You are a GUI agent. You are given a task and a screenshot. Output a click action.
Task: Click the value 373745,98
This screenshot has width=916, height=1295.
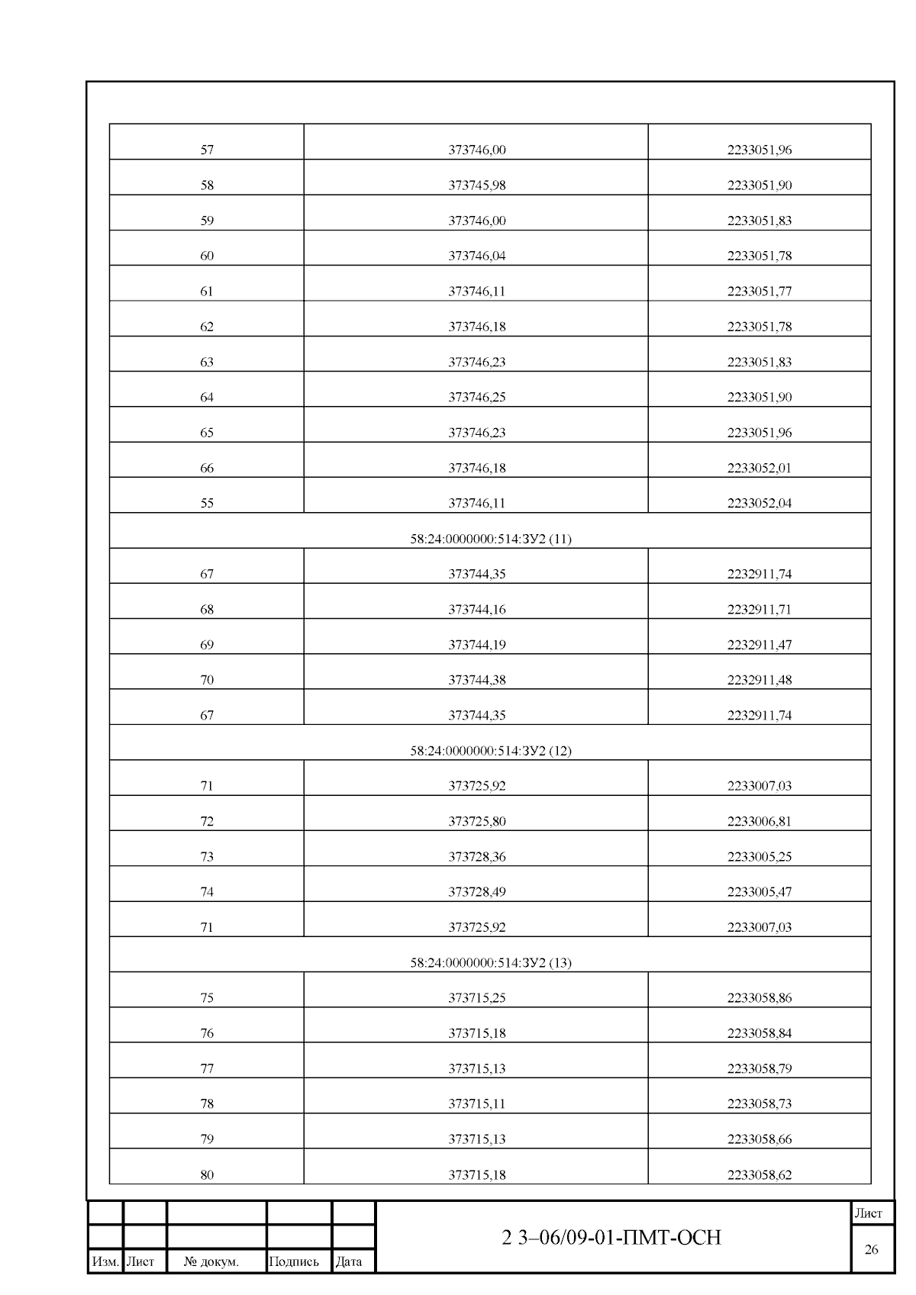tap(476, 185)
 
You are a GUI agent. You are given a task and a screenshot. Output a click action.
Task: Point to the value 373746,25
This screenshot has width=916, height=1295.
tap(476, 397)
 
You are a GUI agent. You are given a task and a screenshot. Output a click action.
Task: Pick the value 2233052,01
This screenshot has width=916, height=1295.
tap(759, 468)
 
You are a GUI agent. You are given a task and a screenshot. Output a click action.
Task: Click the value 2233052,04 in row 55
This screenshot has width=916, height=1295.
tap(759, 503)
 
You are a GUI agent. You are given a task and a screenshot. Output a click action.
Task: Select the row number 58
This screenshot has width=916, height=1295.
tap(207, 185)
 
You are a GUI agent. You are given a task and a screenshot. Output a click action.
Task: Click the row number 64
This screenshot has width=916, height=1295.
tap(207, 397)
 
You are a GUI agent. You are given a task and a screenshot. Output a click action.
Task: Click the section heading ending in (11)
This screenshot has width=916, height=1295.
tap(491, 539)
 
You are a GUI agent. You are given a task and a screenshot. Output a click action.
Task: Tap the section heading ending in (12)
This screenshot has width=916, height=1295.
tap(491, 750)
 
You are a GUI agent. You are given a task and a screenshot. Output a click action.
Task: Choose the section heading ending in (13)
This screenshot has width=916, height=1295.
tap(491, 962)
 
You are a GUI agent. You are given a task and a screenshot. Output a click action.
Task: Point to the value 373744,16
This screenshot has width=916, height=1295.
tap(476, 609)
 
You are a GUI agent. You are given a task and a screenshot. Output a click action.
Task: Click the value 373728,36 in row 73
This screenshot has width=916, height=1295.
tap(476, 856)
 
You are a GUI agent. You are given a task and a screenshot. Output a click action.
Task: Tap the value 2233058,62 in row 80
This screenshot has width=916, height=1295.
tap(759, 1174)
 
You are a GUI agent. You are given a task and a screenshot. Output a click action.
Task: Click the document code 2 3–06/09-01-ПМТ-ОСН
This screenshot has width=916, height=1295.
tap(611, 1237)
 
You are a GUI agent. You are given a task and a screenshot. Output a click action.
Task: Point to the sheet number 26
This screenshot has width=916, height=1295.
tap(871, 1249)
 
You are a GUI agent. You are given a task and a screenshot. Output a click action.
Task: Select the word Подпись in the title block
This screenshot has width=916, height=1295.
tap(294, 1261)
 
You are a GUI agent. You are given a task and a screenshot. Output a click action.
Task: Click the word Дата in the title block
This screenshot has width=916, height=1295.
tap(349, 1261)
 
